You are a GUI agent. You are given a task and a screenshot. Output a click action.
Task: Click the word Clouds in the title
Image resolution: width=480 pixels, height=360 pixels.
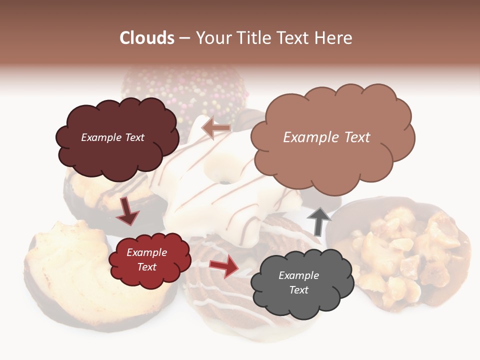click(147, 38)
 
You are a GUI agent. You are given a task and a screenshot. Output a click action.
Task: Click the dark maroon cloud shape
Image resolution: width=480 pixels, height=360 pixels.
click(117, 150)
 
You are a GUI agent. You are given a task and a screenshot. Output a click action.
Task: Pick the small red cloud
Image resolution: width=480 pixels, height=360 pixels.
click(149, 270)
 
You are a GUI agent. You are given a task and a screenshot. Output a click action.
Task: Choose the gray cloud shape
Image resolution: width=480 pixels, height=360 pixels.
click(299, 300)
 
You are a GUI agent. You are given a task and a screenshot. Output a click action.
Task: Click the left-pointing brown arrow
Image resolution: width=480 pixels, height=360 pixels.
click(216, 128)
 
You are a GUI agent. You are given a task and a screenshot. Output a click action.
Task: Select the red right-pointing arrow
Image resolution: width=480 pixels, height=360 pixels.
click(224, 265)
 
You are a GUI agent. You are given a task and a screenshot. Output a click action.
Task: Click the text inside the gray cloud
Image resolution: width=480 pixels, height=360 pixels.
click(298, 282)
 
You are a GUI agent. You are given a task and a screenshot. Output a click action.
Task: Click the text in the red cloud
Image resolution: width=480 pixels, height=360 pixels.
click(146, 259)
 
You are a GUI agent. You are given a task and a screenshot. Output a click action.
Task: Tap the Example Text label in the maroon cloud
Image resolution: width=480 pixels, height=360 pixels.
click(112, 137)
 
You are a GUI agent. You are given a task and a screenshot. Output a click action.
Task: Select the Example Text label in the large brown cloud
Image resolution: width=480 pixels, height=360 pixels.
click(326, 137)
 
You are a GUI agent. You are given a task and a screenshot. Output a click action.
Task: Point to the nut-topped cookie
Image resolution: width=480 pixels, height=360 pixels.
click(405, 250)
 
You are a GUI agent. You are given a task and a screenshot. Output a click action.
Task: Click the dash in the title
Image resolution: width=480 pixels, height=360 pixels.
click(184, 38)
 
